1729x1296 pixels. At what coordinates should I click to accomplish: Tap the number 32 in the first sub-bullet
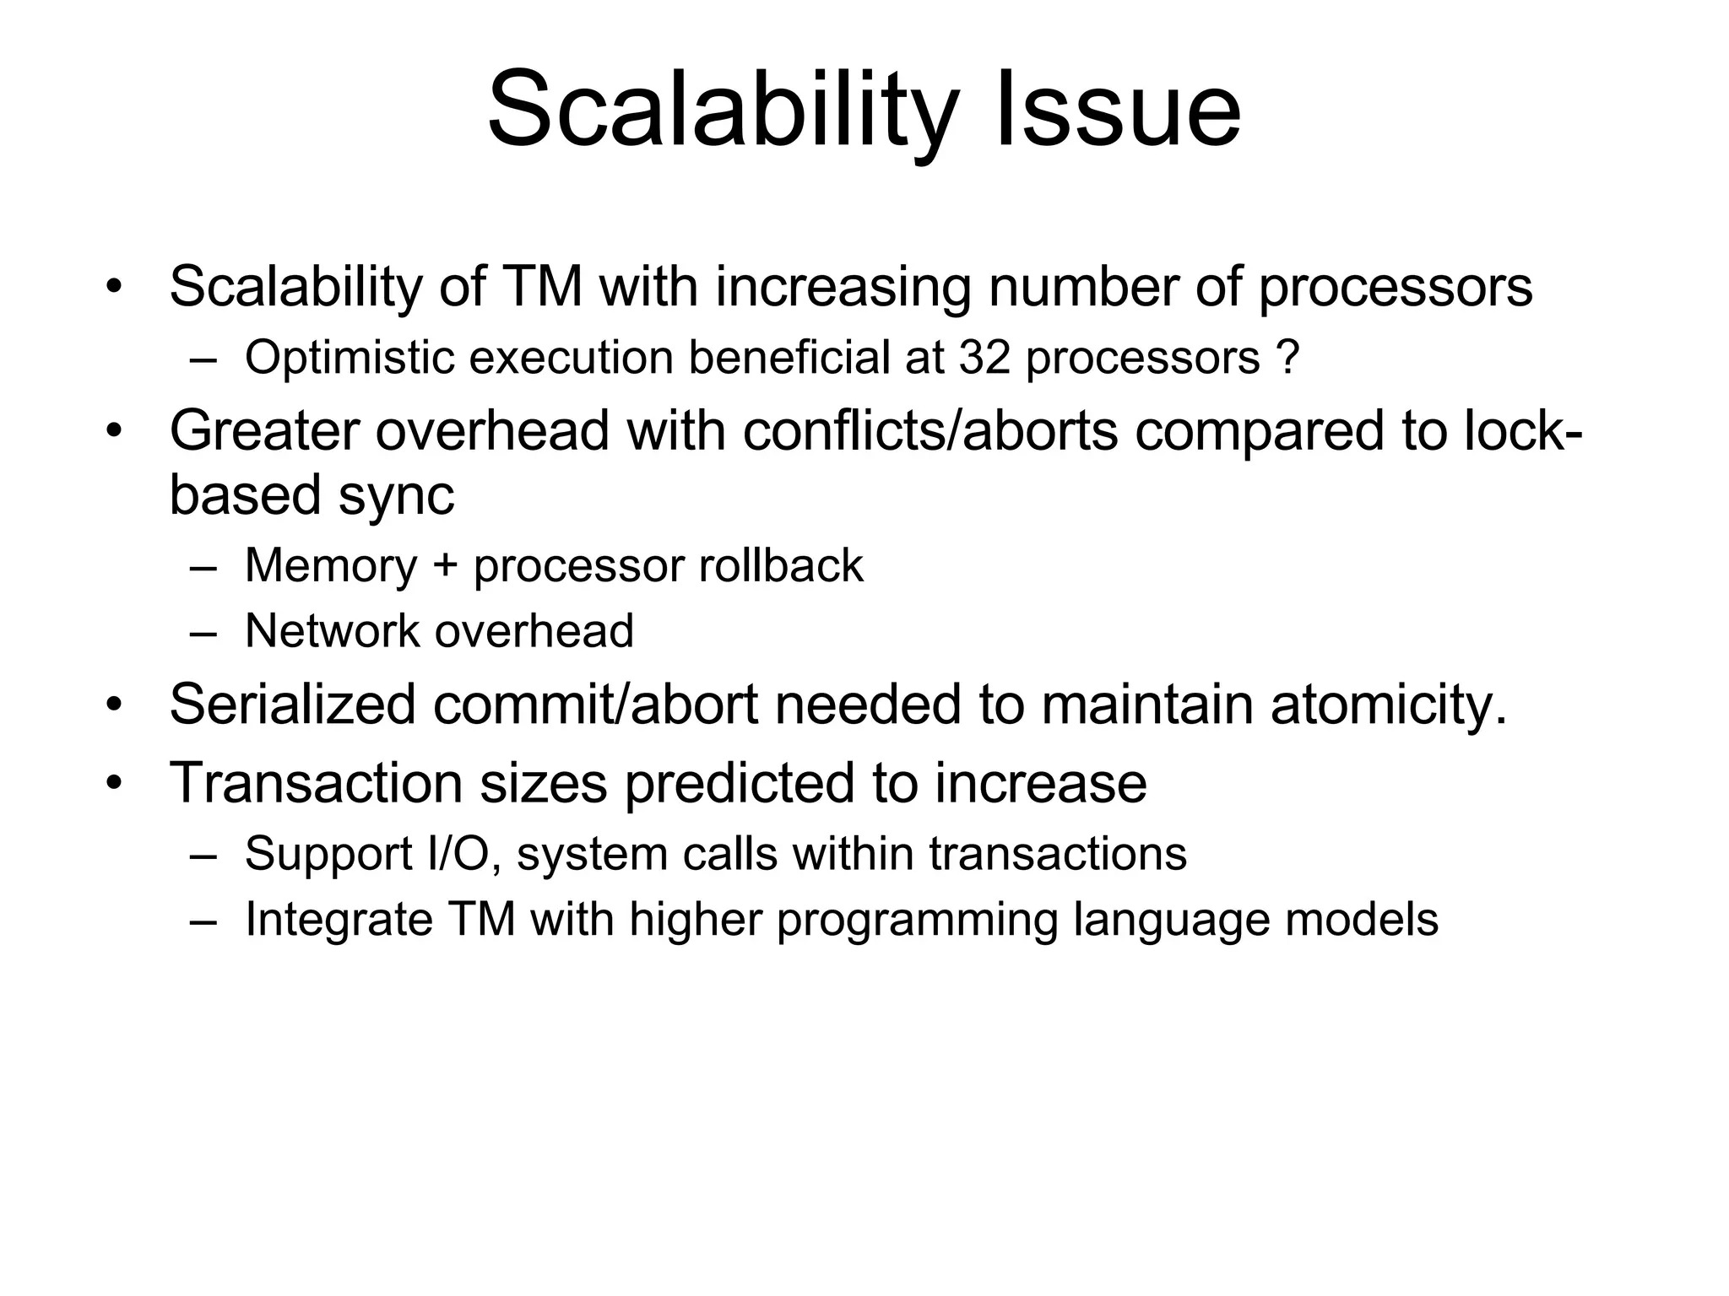tap(984, 358)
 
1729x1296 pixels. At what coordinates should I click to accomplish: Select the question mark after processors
tap(1288, 358)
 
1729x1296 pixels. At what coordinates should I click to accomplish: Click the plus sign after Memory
tap(445, 566)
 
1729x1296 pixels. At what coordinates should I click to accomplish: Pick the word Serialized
tap(292, 705)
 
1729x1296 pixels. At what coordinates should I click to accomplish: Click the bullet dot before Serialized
tap(115, 705)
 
